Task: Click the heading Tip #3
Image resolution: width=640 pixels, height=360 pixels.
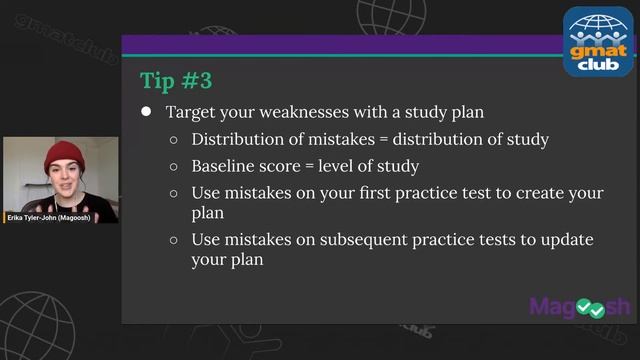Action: pos(176,79)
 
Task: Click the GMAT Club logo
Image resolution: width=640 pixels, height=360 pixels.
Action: pos(599,41)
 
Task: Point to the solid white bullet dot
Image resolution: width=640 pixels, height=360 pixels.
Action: pos(146,112)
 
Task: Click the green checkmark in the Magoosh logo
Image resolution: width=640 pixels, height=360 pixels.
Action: pos(597,308)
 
